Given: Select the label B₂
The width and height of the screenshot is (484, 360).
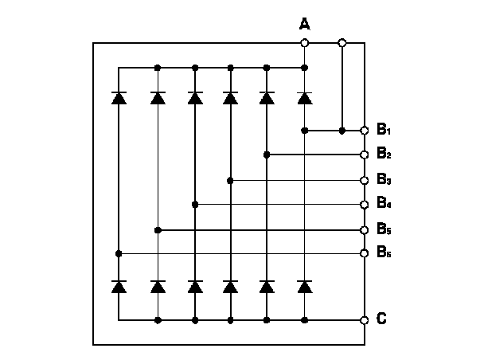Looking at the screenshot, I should [x=384, y=155].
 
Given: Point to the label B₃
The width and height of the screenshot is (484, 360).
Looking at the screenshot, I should [x=384, y=180].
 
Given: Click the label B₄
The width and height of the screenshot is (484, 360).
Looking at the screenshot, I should [x=384, y=205].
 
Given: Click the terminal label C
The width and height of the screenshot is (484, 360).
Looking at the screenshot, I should [x=382, y=319].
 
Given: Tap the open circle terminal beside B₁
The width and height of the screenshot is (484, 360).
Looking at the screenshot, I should [x=365, y=130].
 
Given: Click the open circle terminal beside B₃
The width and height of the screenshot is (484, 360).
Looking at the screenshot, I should [x=365, y=180].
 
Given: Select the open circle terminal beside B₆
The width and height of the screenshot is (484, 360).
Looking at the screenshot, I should [x=365, y=253].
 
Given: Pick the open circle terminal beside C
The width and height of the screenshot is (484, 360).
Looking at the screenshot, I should [x=365, y=320].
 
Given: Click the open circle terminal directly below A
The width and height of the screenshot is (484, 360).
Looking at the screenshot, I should [x=304, y=42].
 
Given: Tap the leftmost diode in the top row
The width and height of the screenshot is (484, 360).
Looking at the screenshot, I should [x=119, y=98].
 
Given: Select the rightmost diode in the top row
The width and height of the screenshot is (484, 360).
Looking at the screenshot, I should [x=304, y=98].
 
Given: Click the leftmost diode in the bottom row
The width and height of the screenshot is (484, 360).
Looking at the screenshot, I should [x=119, y=286].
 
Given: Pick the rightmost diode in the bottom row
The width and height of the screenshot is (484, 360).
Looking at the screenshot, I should [x=304, y=286].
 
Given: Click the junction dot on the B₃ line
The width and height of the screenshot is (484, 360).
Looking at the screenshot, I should [x=230, y=181].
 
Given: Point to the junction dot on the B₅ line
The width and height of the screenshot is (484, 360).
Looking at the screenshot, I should [x=158, y=230].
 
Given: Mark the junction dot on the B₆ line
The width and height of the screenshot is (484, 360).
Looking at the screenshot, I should [x=119, y=253].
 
